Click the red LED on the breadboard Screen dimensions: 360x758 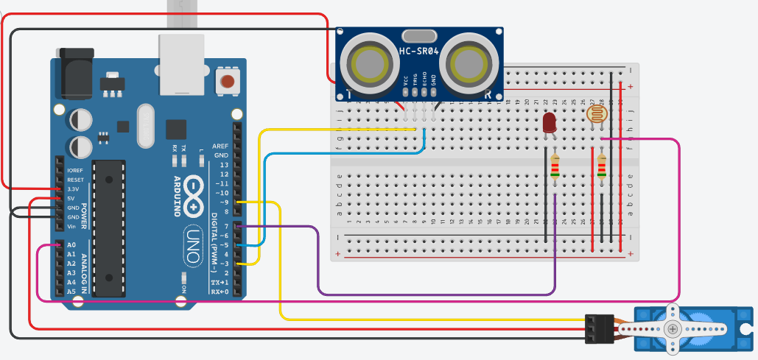coord(549,123)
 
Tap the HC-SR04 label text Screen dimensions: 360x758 coord(420,51)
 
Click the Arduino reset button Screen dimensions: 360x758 coord(228,81)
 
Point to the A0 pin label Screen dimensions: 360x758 coord(71,244)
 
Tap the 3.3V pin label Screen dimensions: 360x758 coord(73,189)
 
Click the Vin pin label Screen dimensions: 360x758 coord(72,226)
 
